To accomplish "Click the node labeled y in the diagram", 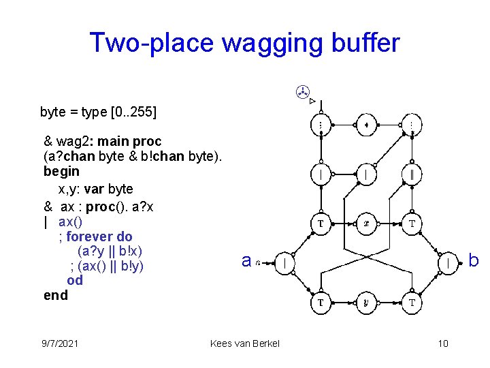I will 366,303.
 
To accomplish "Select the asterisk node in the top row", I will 366,125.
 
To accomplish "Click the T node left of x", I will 321,224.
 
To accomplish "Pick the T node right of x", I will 412,224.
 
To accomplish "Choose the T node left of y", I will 321,303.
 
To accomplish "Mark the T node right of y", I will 412,303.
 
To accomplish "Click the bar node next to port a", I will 284,262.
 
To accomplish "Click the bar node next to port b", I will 448,262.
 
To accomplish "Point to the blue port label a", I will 247,260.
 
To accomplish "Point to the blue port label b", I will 474,260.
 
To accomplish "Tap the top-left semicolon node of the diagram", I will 321,125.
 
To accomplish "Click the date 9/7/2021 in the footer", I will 59,343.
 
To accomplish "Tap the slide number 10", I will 443,343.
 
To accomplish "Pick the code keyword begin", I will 61,171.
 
